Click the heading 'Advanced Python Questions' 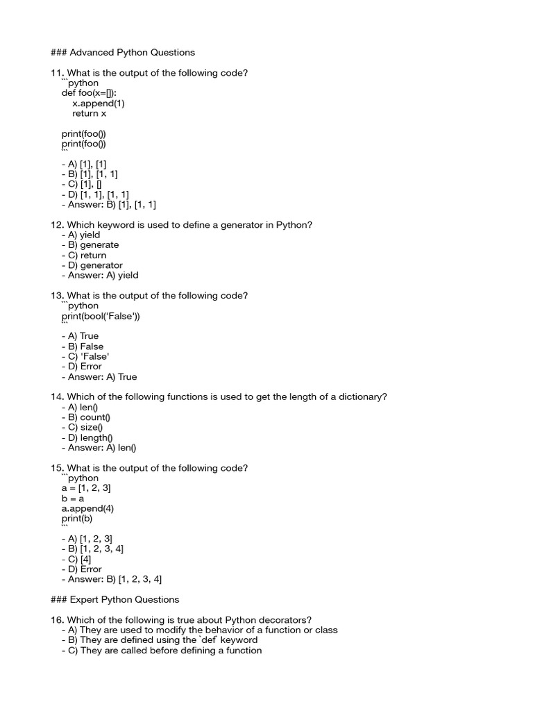point(131,52)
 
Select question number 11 point(56,73)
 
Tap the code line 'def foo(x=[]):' point(94,93)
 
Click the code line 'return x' point(89,113)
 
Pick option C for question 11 point(81,184)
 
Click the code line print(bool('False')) point(105,316)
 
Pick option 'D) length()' point(89,437)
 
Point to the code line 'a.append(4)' point(87,508)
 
